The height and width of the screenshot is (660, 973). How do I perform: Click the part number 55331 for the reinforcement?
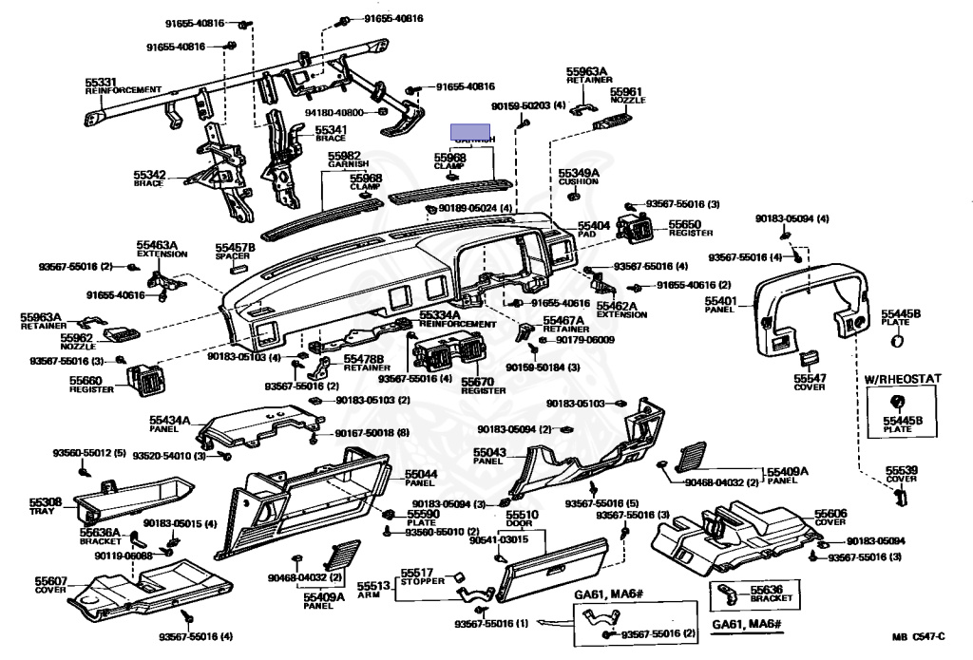pos(100,82)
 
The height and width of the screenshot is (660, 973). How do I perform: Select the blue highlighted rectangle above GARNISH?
pos(470,131)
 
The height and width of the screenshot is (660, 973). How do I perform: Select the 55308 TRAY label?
pos(45,504)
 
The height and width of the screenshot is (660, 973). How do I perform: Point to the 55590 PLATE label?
pos(423,517)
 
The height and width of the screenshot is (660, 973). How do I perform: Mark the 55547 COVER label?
pos(811,382)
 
